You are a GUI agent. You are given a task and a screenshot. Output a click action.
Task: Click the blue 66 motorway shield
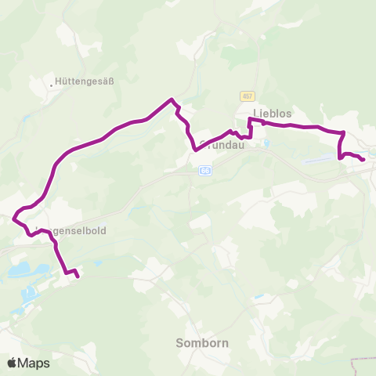[205, 169]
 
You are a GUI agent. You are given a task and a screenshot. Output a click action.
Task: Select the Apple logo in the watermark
[13, 363]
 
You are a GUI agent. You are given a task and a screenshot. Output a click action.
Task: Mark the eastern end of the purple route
[363, 161]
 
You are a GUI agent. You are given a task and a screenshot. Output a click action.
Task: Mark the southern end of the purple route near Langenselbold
[78, 276]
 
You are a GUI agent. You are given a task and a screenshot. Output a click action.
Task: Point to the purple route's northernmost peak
[171, 99]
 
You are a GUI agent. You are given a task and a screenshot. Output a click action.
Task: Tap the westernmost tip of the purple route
[13, 214]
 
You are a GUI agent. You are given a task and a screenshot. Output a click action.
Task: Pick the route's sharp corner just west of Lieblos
[249, 119]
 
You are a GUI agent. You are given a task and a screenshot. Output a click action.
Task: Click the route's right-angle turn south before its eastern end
[343, 132]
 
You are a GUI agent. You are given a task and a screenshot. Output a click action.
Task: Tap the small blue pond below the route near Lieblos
[266, 143]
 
